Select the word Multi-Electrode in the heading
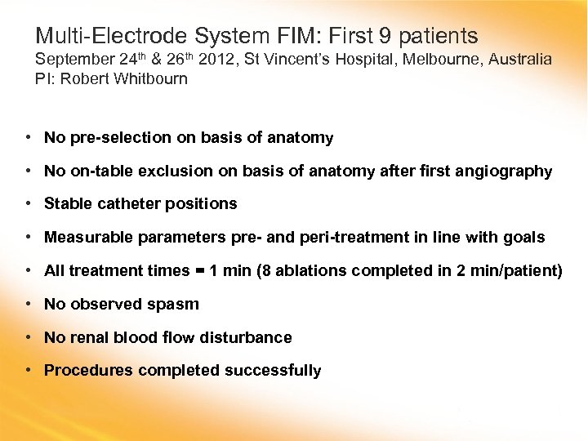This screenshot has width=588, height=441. pos(112,36)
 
